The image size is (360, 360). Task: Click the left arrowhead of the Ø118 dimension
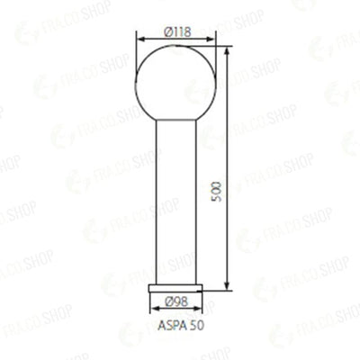pyautogui.click(x=139, y=40)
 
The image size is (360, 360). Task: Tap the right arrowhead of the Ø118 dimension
pyautogui.click(x=212, y=40)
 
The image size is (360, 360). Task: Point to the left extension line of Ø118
pyautogui.click(x=136, y=54)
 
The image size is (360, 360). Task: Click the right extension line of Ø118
pyautogui.click(x=216, y=54)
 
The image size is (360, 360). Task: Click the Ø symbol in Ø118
pyautogui.click(x=167, y=31)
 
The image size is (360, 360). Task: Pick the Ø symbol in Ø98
pyautogui.click(x=169, y=301)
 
